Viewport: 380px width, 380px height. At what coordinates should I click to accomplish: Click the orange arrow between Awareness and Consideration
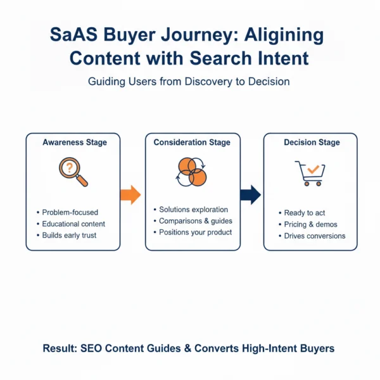point(130,194)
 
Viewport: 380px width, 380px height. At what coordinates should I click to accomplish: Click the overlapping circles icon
point(192,170)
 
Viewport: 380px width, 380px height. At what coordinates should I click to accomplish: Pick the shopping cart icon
point(310,172)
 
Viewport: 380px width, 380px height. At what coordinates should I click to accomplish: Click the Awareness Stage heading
point(75,142)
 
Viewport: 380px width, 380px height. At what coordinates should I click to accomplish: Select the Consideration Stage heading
point(193,142)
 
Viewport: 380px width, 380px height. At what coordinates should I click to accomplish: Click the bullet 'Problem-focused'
point(70,212)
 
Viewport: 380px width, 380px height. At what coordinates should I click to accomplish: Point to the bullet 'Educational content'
point(73,224)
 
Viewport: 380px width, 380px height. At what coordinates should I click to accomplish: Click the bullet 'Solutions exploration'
point(193,209)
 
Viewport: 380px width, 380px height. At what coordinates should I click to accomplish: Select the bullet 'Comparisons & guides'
point(196,220)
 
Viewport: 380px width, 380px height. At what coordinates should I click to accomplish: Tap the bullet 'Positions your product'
point(196,232)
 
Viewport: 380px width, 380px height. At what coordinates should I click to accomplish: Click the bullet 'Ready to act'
point(304,213)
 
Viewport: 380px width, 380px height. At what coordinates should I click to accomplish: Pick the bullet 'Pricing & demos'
point(310,224)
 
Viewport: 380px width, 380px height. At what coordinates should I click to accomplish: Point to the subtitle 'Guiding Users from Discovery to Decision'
point(189,82)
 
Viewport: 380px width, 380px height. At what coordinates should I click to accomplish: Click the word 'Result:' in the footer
point(61,348)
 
